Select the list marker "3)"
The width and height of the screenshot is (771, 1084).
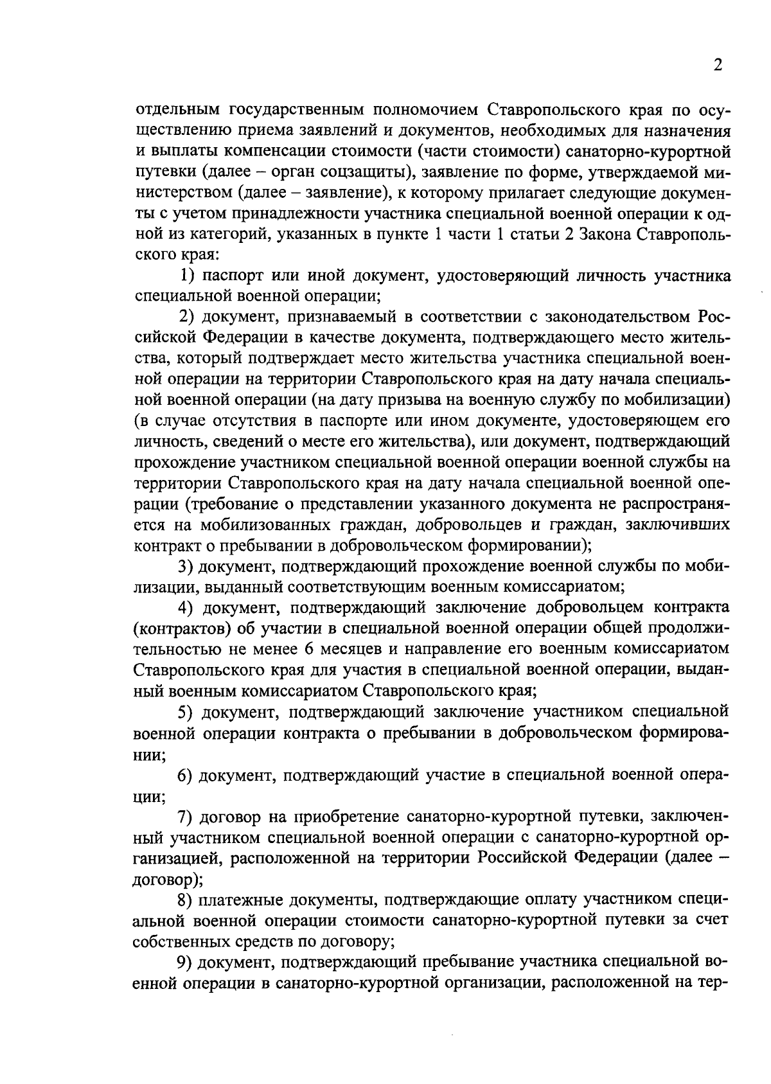[186, 566]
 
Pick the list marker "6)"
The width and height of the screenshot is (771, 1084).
[186, 775]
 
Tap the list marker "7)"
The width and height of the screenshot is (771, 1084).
[186, 817]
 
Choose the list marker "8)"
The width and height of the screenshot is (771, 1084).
[186, 900]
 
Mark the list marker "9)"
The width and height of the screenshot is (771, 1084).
[186, 962]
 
